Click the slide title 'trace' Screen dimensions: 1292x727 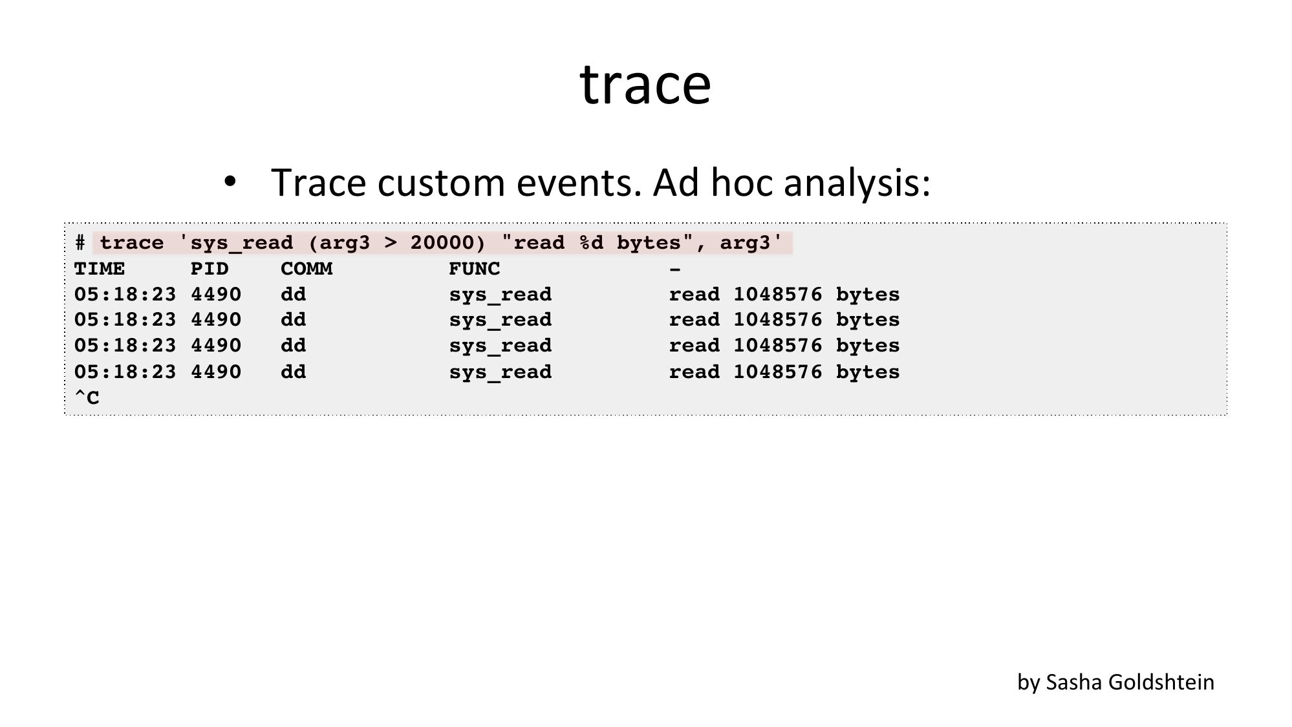click(x=645, y=84)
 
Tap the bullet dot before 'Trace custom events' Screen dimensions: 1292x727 click(x=230, y=182)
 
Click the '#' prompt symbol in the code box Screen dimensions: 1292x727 click(x=80, y=243)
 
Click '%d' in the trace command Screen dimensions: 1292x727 click(x=590, y=243)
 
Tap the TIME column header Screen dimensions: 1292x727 click(x=100, y=269)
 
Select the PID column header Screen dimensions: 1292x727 click(x=210, y=269)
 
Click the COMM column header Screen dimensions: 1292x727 click(x=307, y=269)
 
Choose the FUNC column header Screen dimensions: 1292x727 click(x=475, y=269)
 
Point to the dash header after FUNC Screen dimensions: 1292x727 click(x=675, y=269)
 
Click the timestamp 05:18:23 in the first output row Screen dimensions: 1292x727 click(x=125, y=295)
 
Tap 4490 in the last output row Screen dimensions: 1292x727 click(x=216, y=372)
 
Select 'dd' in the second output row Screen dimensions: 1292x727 click(x=294, y=320)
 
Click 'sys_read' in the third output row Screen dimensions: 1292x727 click(x=501, y=346)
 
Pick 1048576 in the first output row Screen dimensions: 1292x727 click(x=777, y=295)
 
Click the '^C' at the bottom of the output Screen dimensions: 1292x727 click(x=87, y=398)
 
